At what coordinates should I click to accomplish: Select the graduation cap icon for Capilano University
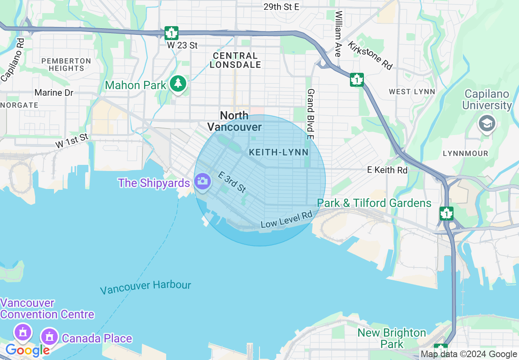pos(487,123)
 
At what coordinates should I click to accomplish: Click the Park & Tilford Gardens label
pos(374,203)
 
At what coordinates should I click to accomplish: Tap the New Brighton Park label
pos(392,338)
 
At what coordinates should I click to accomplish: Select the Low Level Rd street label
pos(287,220)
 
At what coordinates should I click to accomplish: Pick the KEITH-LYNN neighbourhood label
pos(279,153)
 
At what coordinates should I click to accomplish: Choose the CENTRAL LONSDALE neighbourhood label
pos(235,60)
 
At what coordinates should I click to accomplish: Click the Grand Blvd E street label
pos(311,114)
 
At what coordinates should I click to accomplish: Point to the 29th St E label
pos(281,7)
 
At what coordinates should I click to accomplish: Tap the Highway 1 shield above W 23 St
pos(171,33)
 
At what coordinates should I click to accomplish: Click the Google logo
pos(27,350)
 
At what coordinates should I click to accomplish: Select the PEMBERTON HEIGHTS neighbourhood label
pos(66,65)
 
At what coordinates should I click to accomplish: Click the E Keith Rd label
pos(387,170)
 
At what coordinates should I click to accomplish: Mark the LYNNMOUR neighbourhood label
pos(466,153)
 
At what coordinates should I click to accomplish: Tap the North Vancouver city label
pos(234,121)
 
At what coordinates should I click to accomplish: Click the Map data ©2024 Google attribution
pos(469,354)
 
